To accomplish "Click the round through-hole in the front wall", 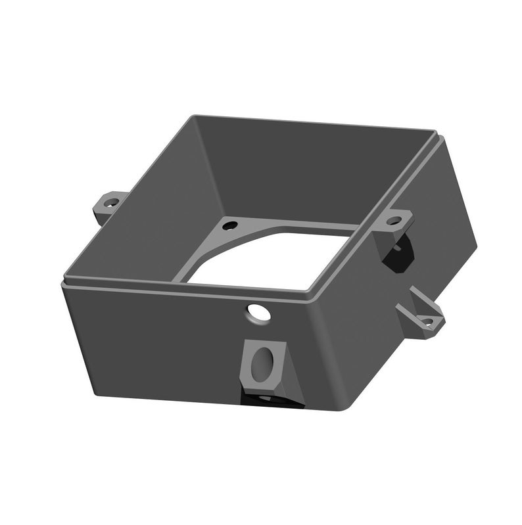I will pos(258,312).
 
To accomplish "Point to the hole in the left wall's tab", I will pos(112,202).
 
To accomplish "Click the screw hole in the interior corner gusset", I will pos(229,225).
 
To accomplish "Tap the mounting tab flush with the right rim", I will pos(396,220).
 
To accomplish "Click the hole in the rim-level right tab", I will pos(394,220).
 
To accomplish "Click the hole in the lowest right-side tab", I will pos(427,321).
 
